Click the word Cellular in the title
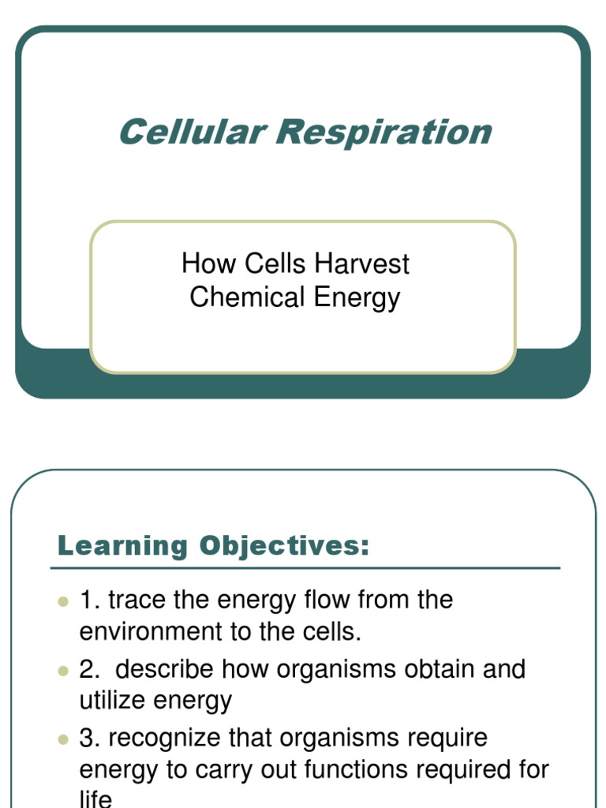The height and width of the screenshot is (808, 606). click(x=190, y=132)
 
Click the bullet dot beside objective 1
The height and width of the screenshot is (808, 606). click(x=64, y=601)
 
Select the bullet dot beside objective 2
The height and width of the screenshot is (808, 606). click(x=64, y=670)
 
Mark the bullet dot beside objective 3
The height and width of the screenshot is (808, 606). click(x=64, y=739)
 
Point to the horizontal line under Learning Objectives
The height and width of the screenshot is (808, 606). click(x=305, y=567)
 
